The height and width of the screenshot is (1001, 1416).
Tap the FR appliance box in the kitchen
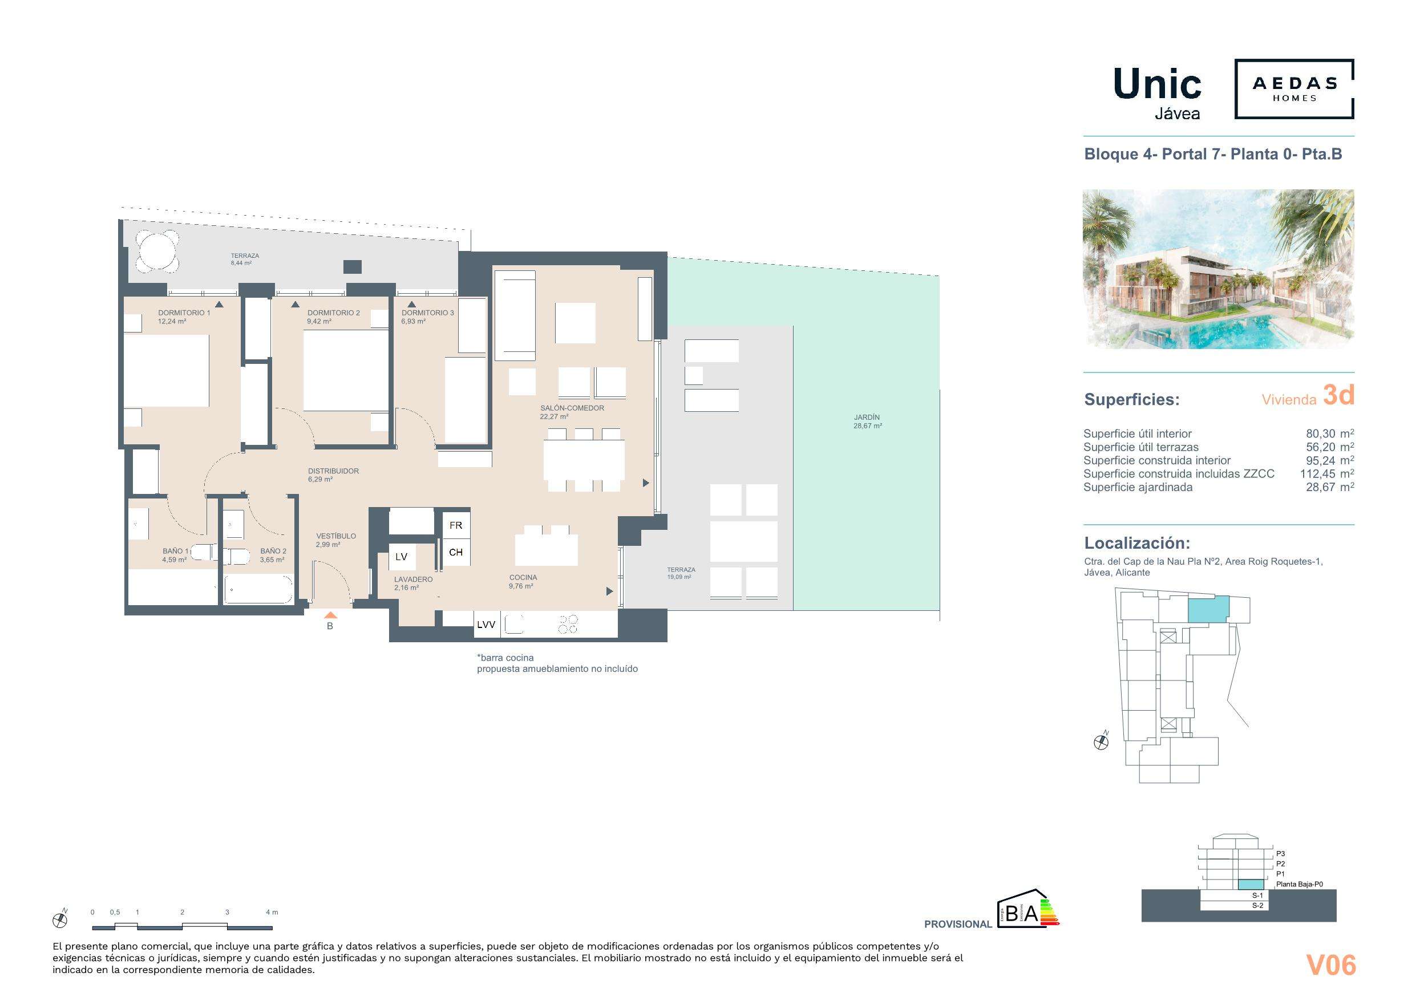tap(456, 525)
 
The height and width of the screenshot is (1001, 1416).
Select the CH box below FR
tap(456, 553)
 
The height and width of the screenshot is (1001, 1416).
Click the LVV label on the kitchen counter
tap(486, 625)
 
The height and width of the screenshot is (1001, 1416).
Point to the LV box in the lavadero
tap(402, 557)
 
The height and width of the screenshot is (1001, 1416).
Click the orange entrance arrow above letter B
tap(330, 615)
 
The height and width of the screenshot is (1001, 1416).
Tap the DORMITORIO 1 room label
tap(184, 313)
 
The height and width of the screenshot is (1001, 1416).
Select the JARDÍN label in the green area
tap(867, 418)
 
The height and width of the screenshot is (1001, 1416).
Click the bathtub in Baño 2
tap(258, 590)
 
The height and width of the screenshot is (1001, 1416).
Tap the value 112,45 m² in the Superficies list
tap(1330, 473)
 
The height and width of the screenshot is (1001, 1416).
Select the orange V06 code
tap(1331, 965)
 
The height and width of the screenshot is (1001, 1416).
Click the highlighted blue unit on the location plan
tap(1208, 609)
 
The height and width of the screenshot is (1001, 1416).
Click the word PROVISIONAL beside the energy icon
tap(958, 924)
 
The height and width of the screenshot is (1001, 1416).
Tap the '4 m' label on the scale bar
tap(272, 912)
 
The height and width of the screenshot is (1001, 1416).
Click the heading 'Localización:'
tap(1136, 544)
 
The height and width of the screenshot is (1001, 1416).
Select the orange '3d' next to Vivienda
tap(1338, 395)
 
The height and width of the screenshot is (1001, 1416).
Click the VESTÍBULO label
tap(336, 536)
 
